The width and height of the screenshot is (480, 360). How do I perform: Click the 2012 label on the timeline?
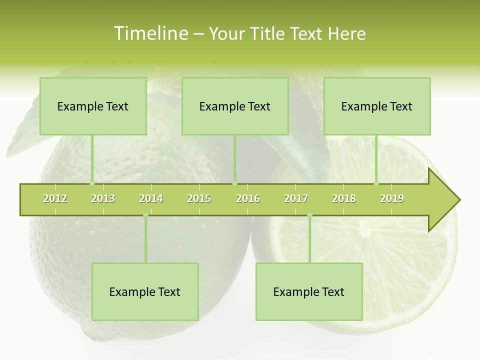click(x=55, y=199)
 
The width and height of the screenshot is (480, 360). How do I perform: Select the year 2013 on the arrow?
click(x=103, y=199)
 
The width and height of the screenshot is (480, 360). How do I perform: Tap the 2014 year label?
click(x=151, y=199)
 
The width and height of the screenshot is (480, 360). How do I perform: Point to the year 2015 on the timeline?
click(x=199, y=199)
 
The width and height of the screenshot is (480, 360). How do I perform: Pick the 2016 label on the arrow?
click(x=248, y=199)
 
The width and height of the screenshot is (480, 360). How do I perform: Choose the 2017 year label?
click(x=296, y=199)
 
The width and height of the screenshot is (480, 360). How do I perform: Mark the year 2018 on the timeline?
click(x=344, y=199)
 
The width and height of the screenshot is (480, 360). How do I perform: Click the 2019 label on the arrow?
click(x=392, y=199)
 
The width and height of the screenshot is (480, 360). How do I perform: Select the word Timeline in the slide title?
click(x=150, y=33)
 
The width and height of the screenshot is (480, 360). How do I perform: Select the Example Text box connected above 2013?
click(x=93, y=106)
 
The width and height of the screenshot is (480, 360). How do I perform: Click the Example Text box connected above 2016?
click(x=235, y=106)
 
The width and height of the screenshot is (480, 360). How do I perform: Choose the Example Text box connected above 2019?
click(x=377, y=106)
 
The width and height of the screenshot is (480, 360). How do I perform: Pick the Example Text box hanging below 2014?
click(x=145, y=292)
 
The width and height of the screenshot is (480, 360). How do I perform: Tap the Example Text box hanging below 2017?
click(x=309, y=292)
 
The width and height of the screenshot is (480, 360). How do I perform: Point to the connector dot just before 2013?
click(x=92, y=183)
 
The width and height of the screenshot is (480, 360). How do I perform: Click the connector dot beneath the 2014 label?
click(x=145, y=215)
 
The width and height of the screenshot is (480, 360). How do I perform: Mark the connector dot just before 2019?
click(x=376, y=183)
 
